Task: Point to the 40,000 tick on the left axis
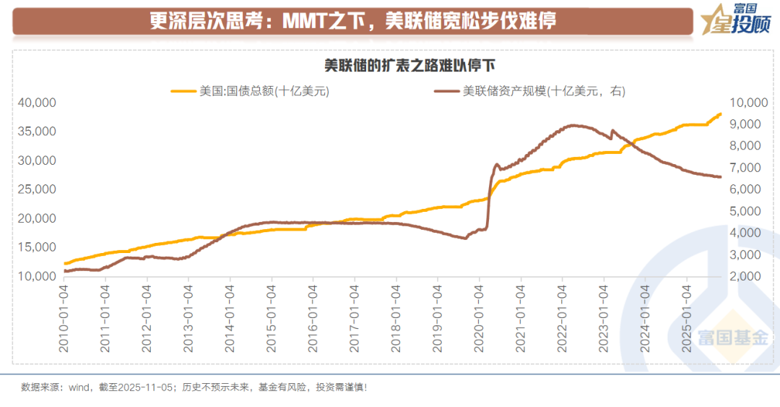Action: pos(37,103)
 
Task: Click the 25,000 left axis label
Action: pos(37,189)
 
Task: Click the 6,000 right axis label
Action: pos(744,189)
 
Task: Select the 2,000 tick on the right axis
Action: pos(744,276)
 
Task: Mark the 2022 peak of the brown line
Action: pos(573,125)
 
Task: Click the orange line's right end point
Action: pos(720,113)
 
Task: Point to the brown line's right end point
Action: pos(720,177)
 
